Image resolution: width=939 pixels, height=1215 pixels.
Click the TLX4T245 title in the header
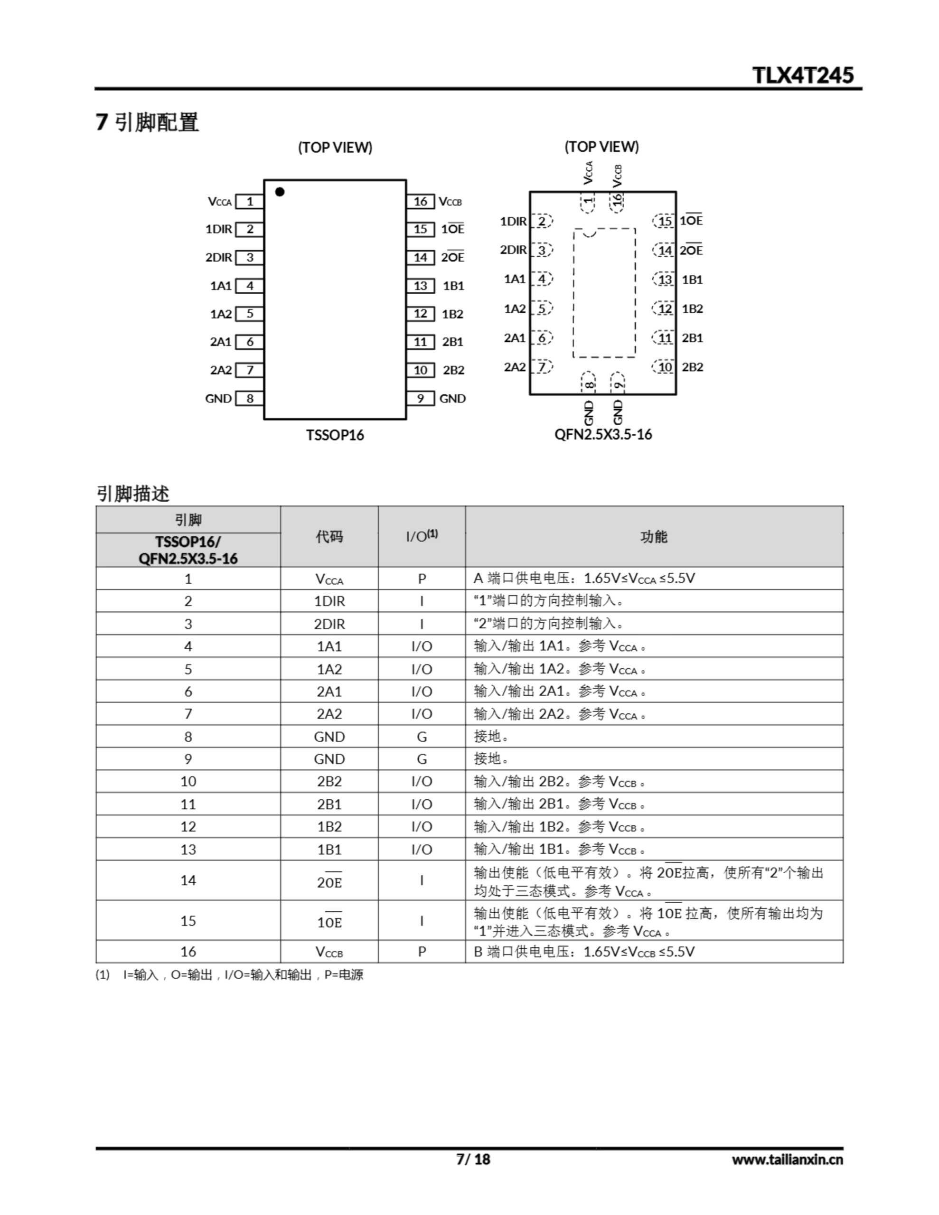coord(802,75)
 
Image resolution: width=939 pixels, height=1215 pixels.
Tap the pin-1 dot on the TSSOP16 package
coord(280,192)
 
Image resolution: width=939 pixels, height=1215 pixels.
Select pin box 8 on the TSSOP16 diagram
coord(249,398)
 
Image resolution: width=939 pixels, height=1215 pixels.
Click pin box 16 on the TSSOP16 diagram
coord(420,201)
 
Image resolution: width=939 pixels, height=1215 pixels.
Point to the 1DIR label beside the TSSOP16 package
coord(219,229)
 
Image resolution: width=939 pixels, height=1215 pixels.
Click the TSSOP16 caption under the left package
coord(335,435)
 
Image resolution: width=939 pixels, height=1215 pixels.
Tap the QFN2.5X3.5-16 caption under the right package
coord(603,434)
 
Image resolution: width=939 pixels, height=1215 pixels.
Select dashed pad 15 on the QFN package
coord(665,221)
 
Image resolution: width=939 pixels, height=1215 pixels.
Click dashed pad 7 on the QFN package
coord(542,366)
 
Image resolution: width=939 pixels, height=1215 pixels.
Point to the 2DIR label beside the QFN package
coord(513,250)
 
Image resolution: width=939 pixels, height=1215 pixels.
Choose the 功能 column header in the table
coord(654,536)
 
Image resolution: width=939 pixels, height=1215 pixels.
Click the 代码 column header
coord(329,536)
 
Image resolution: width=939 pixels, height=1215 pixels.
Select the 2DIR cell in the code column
coord(329,624)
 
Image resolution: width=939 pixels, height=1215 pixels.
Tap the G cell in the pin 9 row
coord(422,759)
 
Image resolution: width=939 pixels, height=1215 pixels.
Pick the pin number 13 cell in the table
coord(188,849)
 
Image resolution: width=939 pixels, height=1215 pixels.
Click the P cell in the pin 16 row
coord(422,951)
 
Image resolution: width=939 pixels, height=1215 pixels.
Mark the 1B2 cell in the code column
coord(329,827)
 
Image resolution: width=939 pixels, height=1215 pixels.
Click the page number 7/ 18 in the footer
coord(473,1159)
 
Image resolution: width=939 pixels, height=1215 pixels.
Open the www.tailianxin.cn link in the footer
coord(787,1159)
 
